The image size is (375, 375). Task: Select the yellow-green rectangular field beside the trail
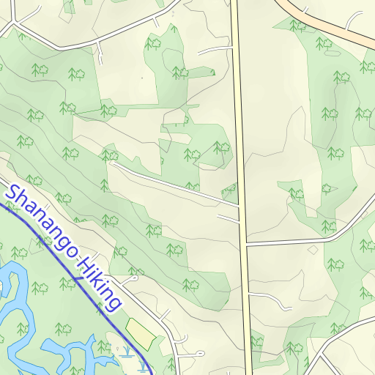coord(141,333)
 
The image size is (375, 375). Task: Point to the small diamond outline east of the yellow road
coord(313,250)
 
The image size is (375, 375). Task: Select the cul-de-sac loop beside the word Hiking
coord(134,278)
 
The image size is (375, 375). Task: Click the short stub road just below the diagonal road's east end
coord(229,218)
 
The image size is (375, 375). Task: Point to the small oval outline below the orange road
coord(332,53)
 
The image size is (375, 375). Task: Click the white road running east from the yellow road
coord(308,239)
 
